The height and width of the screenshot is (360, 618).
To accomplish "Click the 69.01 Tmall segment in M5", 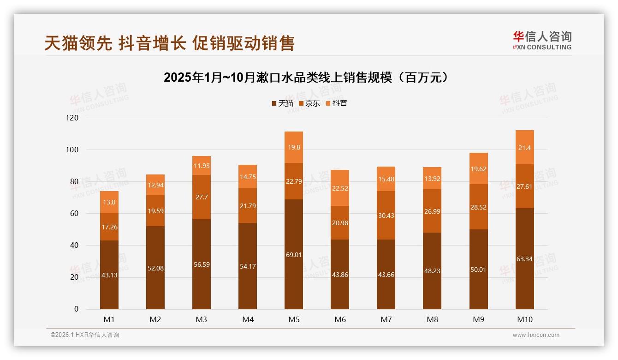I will point(294,254).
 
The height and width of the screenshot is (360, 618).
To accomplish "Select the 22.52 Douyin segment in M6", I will point(340,188).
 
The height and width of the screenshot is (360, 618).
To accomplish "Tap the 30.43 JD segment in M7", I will point(386,215).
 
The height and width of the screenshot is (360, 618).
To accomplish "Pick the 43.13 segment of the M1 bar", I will point(109,275).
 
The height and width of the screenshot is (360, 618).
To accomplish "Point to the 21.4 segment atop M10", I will point(524,147).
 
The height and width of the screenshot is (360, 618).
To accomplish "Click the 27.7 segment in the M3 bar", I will point(202,197).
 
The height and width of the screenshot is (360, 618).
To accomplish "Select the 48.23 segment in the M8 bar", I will point(432,271).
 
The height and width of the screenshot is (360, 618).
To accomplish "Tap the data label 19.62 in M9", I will point(478,169).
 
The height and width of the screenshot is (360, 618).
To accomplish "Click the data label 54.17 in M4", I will point(248,266).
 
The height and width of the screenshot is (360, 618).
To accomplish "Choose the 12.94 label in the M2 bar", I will point(155,186).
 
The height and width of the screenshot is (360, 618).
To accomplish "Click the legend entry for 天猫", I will point(282,103).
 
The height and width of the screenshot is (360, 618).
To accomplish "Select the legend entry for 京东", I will point(309,103).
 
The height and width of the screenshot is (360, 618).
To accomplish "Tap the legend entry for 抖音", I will point(336,103).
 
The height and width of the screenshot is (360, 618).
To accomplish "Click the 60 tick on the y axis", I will point(74,214).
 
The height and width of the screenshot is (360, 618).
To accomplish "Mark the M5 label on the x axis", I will point(294,319).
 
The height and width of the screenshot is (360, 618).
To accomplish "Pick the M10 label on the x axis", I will point(524,319).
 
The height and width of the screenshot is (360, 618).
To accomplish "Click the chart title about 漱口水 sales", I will point(306,78).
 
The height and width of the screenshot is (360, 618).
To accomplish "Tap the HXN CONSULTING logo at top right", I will point(542,40).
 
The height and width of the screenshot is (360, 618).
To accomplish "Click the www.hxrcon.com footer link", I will point(536,335).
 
